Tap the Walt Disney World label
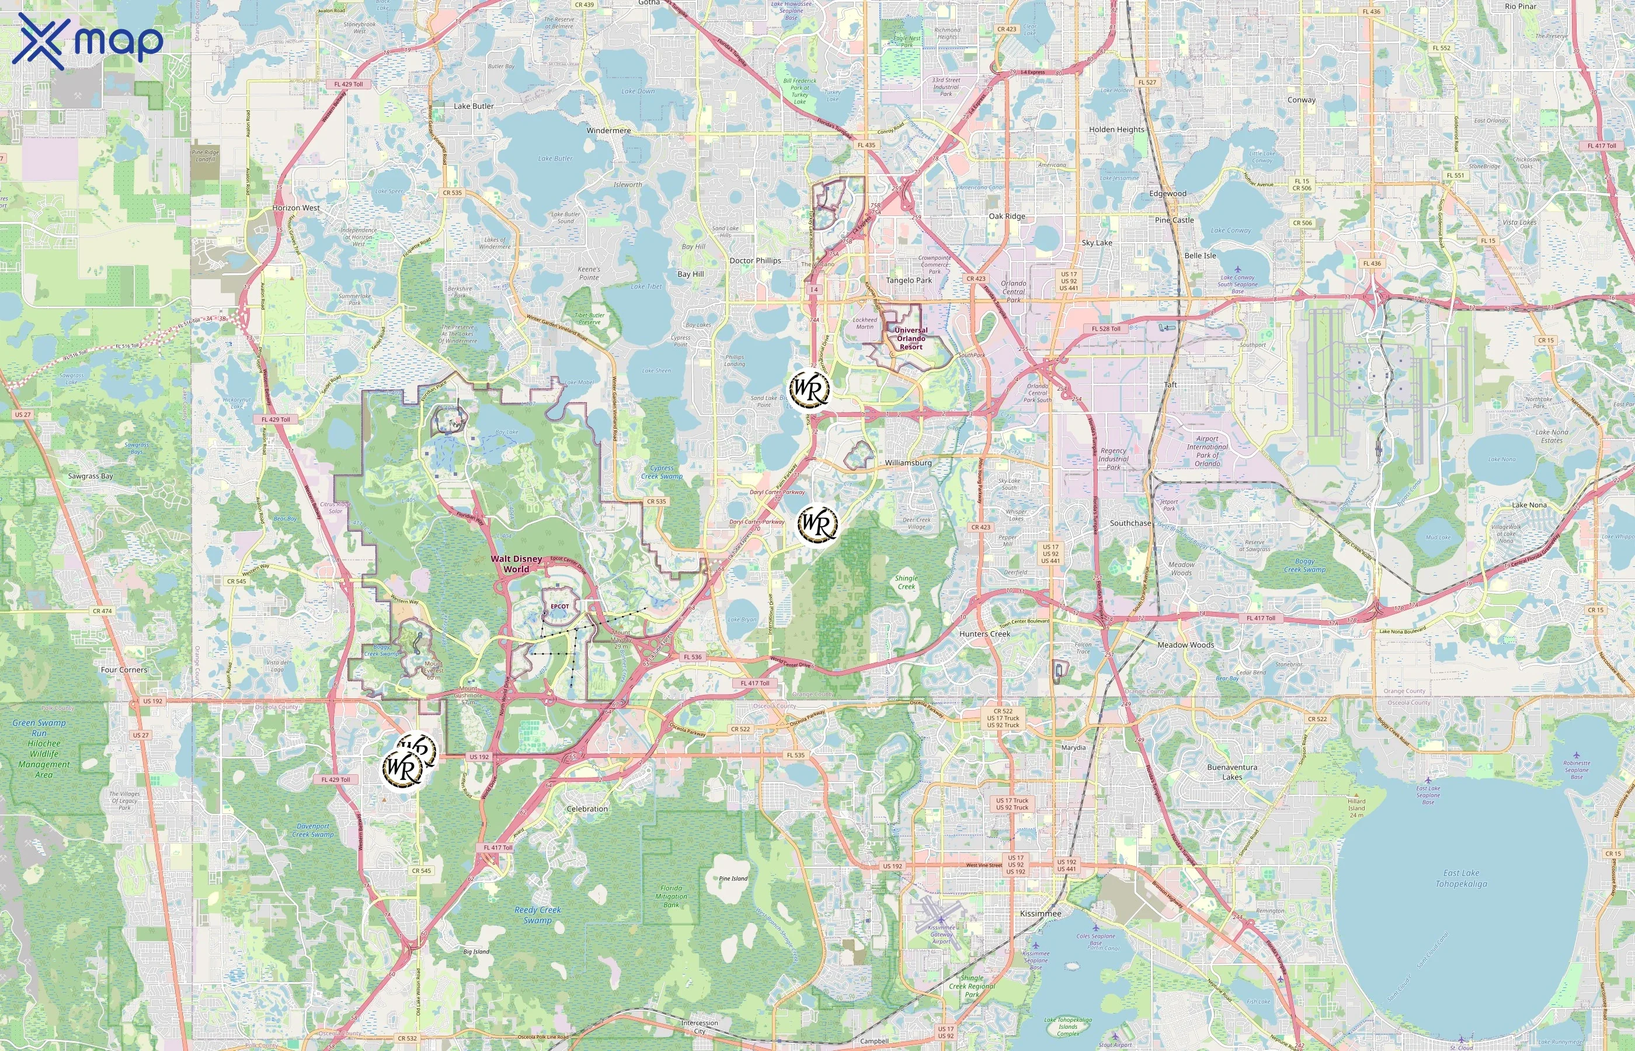pos(517,563)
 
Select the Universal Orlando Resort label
pos(911,338)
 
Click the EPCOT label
pos(559,606)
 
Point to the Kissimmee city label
pos(1040,913)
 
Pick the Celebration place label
pos(587,809)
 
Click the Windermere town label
pos(608,130)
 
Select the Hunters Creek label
pos(985,634)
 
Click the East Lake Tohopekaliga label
pos(1461,878)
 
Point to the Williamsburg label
pos(907,462)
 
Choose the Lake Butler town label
pos(474,106)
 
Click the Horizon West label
pos(295,208)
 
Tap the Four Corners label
pos(124,670)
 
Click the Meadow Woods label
pos(1185,645)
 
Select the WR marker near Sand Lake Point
pos(809,389)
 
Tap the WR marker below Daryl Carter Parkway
pos(817,523)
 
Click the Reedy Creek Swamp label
pos(538,914)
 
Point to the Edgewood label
pos(1167,194)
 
